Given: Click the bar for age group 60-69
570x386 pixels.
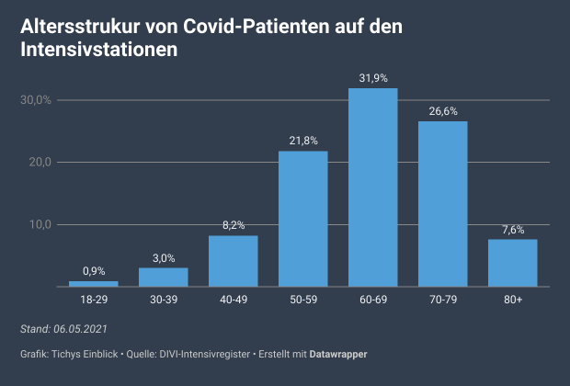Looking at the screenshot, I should (x=372, y=187).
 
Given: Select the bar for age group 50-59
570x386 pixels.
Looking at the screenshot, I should (x=302, y=219).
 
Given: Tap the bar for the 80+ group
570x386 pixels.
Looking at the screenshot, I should (x=512, y=263).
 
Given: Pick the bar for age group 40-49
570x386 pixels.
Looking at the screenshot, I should (x=233, y=261).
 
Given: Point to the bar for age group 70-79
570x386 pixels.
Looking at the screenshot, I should (x=442, y=204).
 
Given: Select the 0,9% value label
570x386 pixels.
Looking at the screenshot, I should (x=93, y=271).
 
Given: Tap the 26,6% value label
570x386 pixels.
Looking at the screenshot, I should (x=442, y=111).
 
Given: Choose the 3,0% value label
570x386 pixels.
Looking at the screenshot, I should (x=163, y=258).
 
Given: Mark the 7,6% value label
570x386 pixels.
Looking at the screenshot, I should (x=512, y=229).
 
